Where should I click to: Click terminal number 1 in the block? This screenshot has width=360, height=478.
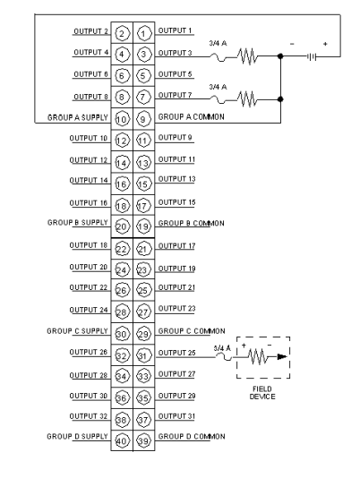(x=143, y=33)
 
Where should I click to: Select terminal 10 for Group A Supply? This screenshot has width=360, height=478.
(x=122, y=119)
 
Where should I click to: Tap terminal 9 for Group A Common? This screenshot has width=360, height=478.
(x=143, y=119)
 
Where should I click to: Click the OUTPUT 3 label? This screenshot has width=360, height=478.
(x=176, y=53)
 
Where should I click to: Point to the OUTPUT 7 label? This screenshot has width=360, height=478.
(x=176, y=95)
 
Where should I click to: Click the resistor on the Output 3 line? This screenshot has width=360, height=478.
(x=247, y=56)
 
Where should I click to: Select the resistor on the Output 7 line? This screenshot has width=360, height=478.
(x=247, y=99)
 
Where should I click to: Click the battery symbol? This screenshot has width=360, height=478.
(x=312, y=56)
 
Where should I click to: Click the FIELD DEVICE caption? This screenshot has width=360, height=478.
(x=262, y=393)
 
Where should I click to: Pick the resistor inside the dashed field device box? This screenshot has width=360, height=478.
(x=258, y=356)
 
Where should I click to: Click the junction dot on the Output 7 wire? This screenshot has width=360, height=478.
(x=280, y=99)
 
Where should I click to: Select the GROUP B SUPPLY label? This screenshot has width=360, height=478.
(x=78, y=223)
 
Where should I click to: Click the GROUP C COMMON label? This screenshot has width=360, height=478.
(x=192, y=331)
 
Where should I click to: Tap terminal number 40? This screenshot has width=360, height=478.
(x=122, y=440)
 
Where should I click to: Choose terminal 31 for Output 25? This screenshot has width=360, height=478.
(x=143, y=355)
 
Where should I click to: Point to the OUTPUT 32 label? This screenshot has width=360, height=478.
(x=89, y=416)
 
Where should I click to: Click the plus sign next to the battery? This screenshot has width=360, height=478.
(x=325, y=44)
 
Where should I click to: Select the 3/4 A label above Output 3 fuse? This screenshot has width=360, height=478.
(x=218, y=43)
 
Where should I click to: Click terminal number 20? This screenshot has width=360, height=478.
(x=122, y=226)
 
